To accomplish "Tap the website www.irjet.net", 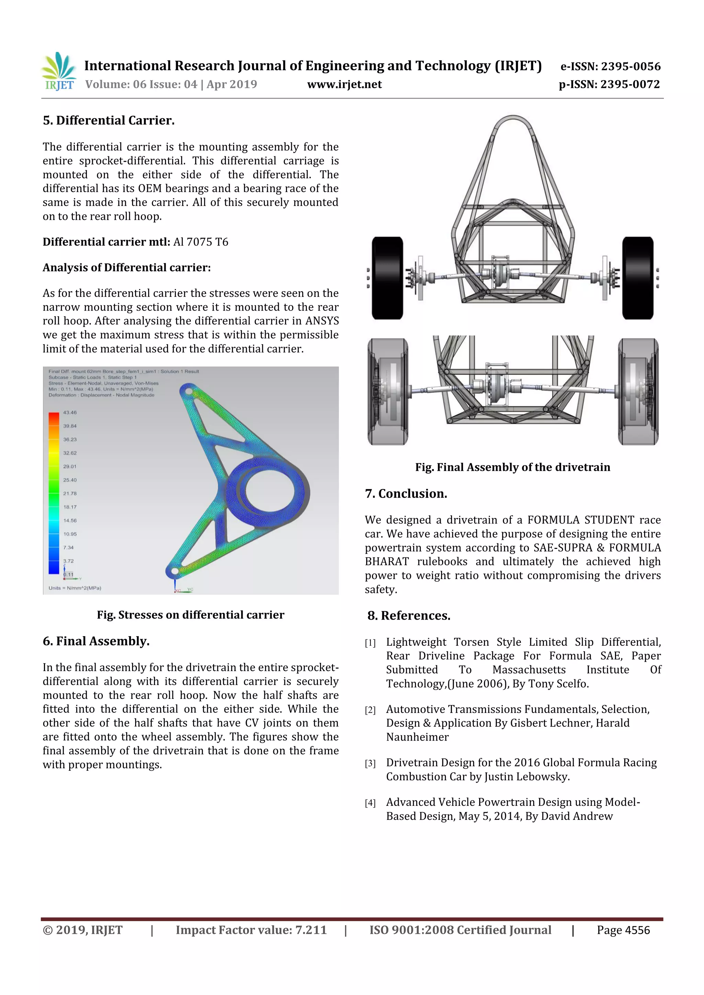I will [x=344, y=84].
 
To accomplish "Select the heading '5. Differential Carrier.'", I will [x=108, y=121].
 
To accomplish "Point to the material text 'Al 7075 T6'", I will [x=200, y=242].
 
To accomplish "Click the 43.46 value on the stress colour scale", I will [x=70, y=412].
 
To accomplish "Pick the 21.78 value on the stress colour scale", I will [x=70, y=494].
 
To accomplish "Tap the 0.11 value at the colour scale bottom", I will [x=69, y=575].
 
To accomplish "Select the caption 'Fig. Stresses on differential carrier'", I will [x=190, y=615].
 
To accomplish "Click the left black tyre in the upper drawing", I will [x=387, y=278].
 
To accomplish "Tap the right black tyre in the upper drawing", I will [x=637, y=278].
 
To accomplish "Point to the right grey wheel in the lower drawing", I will [x=638, y=391].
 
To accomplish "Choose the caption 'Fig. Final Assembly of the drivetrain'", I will [x=512, y=467].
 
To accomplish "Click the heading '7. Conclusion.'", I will [x=406, y=494].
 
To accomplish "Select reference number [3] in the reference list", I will [x=370, y=764].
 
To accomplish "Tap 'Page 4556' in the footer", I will [x=623, y=930].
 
